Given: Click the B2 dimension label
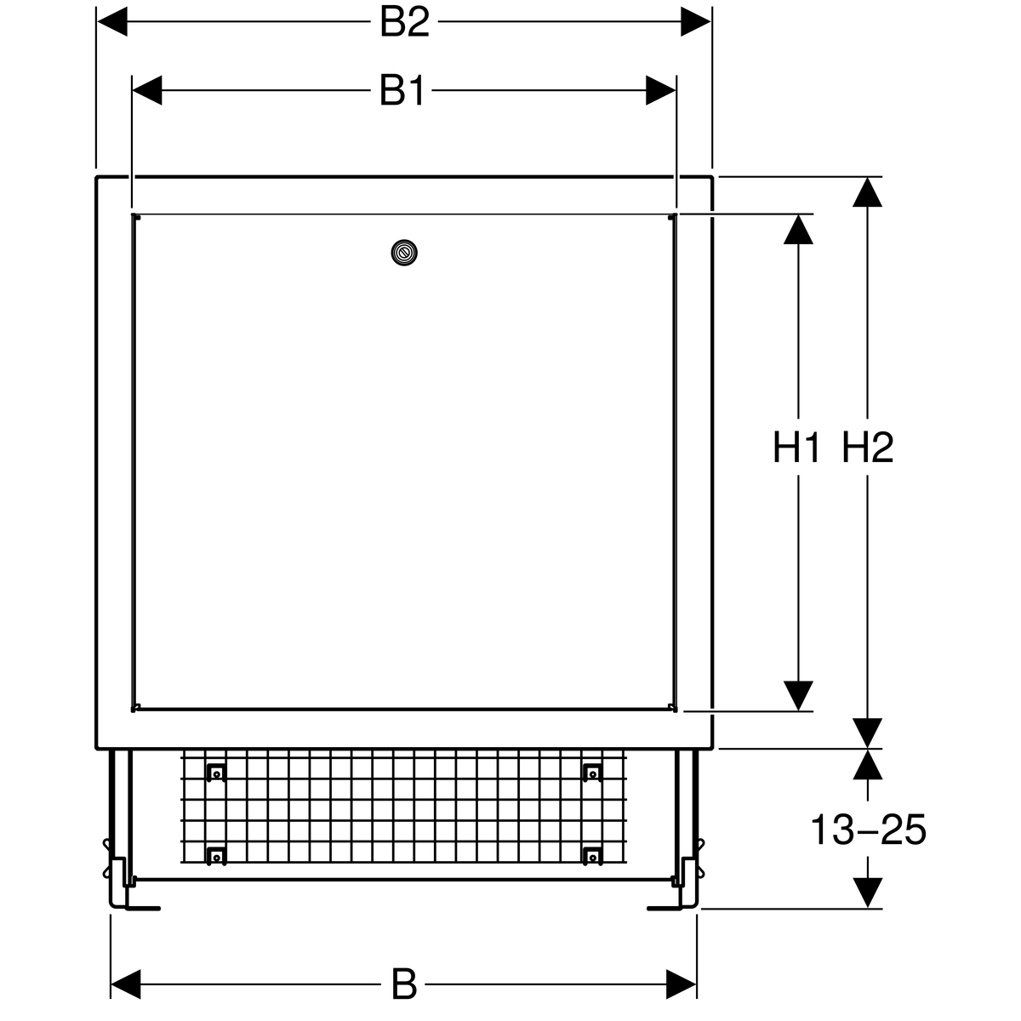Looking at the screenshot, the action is pyautogui.click(x=404, y=22).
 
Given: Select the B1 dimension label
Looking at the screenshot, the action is pyautogui.click(x=402, y=90).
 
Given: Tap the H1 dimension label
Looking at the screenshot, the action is pyautogui.click(x=797, y=448).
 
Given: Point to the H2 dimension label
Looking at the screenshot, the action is pyautogui.click(x=868, y=448).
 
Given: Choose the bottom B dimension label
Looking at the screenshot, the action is pyautogui.click(x=404, y=984).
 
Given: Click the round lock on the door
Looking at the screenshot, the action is pyautogui.click(x=404, y=253).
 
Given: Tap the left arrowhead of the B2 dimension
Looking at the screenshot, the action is pyautogui.click(x=112, y=22).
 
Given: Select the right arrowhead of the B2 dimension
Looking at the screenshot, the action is pyautogui.click(x=696, y=22).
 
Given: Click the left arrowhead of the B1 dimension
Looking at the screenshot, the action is pyautogui.click(x=147, y=90).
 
